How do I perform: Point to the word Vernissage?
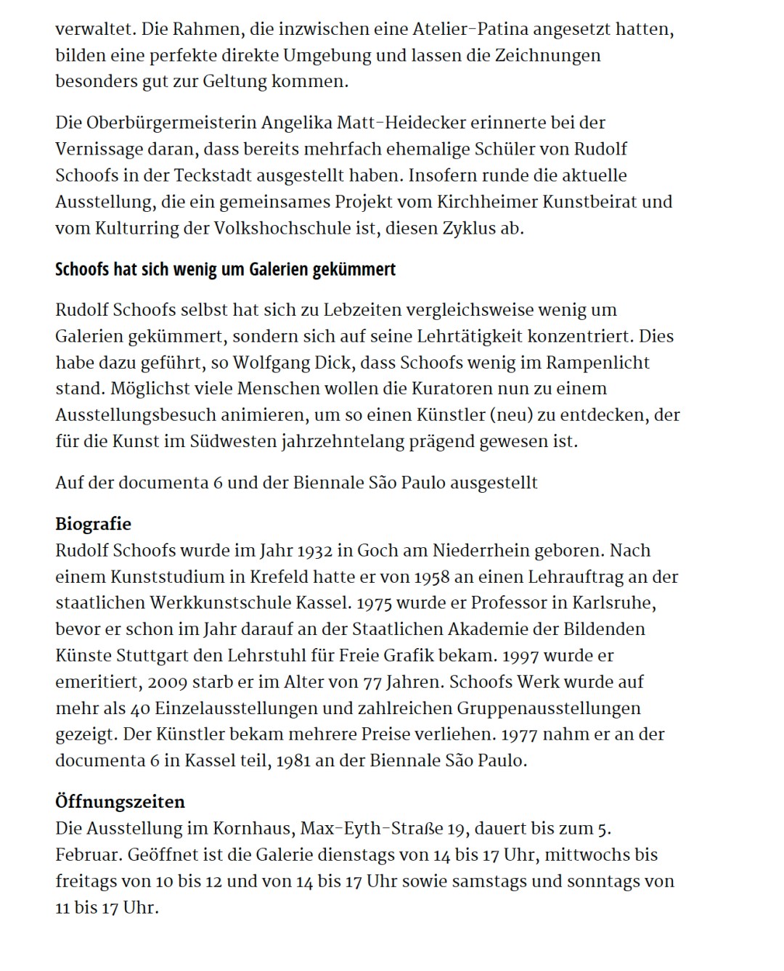99,149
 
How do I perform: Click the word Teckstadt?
217,175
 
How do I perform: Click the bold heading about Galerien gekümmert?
226,269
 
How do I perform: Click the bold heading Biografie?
93,524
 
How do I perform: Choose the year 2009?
169,682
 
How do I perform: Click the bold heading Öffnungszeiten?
120,802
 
